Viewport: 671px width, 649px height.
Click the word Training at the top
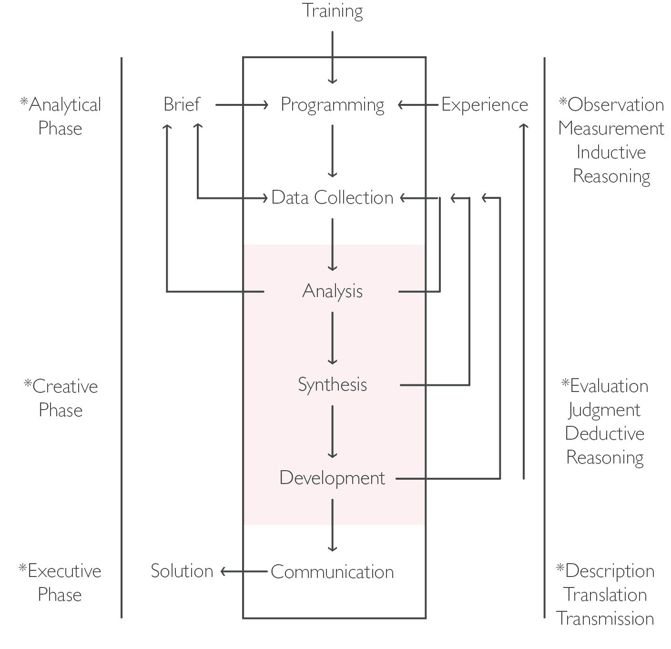pyautogui.click(x=332, y=10)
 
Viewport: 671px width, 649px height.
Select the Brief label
pyautogui.click(x=182, y=104)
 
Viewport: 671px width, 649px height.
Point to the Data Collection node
pyautogui.click(x=332, y=197)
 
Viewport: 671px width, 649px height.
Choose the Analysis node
pyautogui.click(x=332, y=291)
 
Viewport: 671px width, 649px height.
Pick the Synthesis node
pyautogui.click(x=332, y=384)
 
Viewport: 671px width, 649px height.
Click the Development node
pyautogui.click(x=332, y=478)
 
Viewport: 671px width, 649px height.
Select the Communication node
pyautogui.click(x=332, y=572)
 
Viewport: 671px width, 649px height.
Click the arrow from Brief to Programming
pyautogui.click(x=242, y=104)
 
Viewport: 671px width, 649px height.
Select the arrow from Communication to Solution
pyautogui.click(x=244, y=571)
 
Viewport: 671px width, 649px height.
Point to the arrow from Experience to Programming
pyautogui.click(x=418, y=104)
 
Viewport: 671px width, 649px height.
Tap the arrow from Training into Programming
pyautogui.click(x=332, y=57)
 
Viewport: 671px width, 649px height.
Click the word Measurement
pyautogui.click(x=611, y=128)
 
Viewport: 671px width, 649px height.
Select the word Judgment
pyautogui.click(x=604, y=410)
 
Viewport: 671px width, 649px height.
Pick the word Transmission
pyautogui.click(x=605, y=618)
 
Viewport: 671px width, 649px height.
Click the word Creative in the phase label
pyautogui.click(x=65, y=386)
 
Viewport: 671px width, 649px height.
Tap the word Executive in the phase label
pyautogui.click(x=64, y=571)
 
